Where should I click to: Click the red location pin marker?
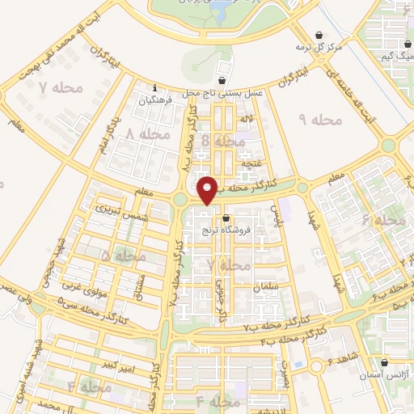pyautogui.click(x=207, y=190)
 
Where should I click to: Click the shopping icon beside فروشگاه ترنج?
pyautogui.click(x=226, y=218)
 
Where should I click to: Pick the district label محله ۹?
pyautogui.click(x=321, y=120)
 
